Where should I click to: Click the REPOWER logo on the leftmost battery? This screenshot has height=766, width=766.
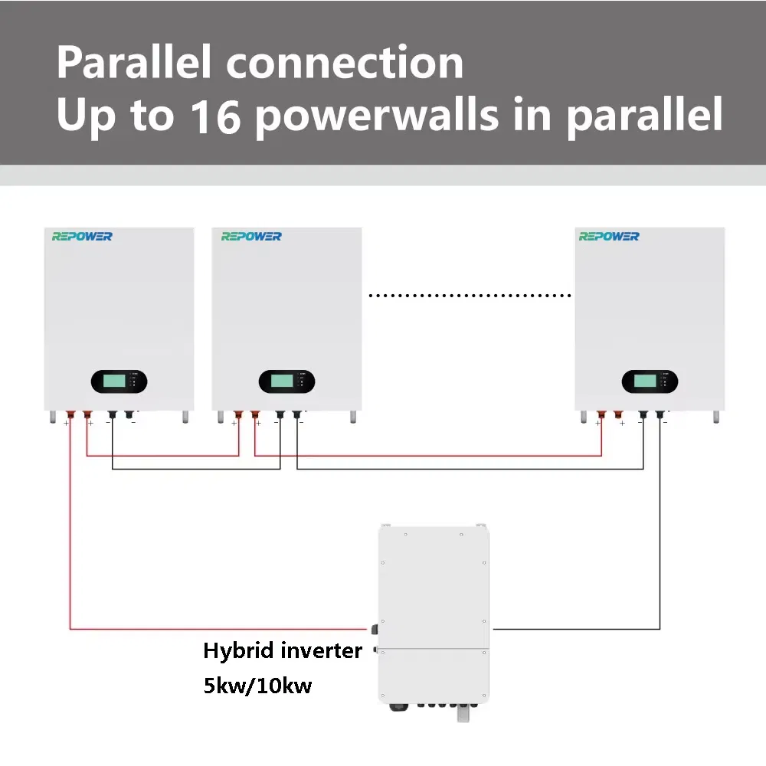pos(82,237)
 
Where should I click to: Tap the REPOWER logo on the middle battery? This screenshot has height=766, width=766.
pos(251,237)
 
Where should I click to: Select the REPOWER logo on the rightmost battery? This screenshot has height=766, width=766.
pos(609,237)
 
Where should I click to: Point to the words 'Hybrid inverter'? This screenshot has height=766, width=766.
pos(282,651)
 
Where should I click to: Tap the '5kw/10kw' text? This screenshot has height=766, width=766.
pos(257,685)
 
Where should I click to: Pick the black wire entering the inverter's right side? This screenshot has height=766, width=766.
pos(574,630)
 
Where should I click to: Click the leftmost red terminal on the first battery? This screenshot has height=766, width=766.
pos(70,416)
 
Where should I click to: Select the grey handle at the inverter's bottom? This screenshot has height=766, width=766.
pos(463,712)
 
